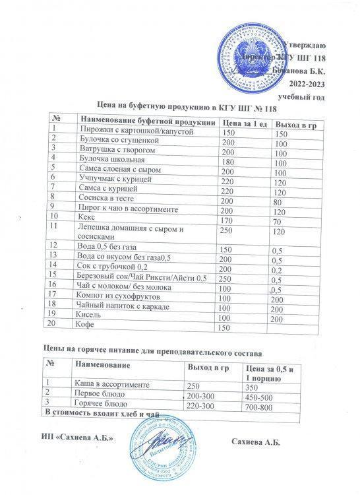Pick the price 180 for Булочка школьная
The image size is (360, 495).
coord(229,162)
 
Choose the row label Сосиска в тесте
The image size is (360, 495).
coord(105,198)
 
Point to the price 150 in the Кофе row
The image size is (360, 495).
coord(225,327)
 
